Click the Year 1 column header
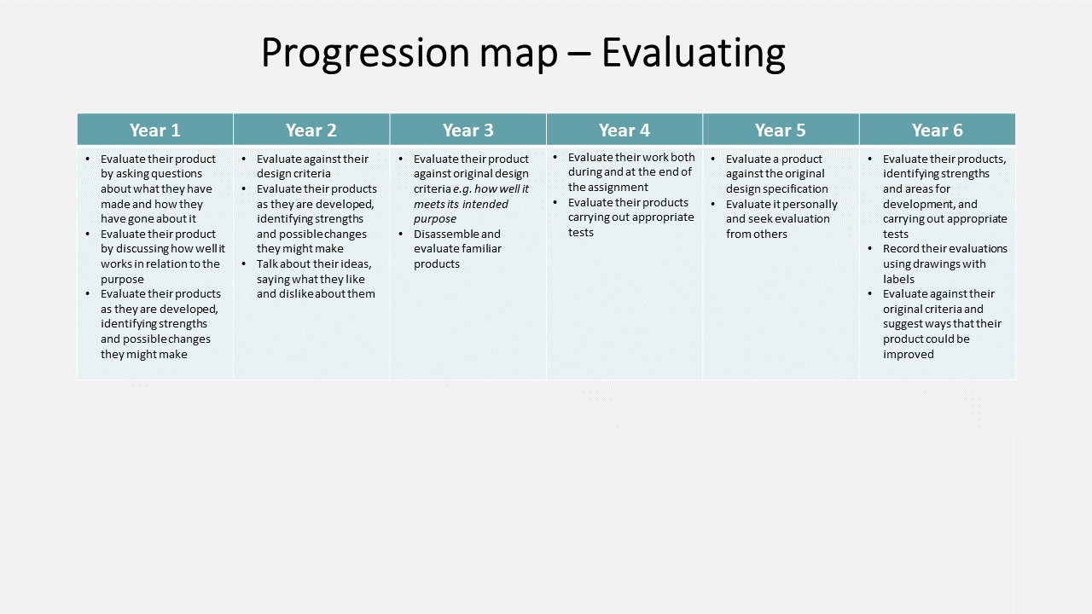(155, 130)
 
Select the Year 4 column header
(624, 130)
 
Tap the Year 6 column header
(937, 130)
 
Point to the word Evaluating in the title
(694, 54)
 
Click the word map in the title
(519, 56)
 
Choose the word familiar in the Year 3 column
(482, 249)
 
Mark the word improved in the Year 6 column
(909, 355)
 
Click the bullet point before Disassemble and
(401, 234)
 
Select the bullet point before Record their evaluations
(870, 249)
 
